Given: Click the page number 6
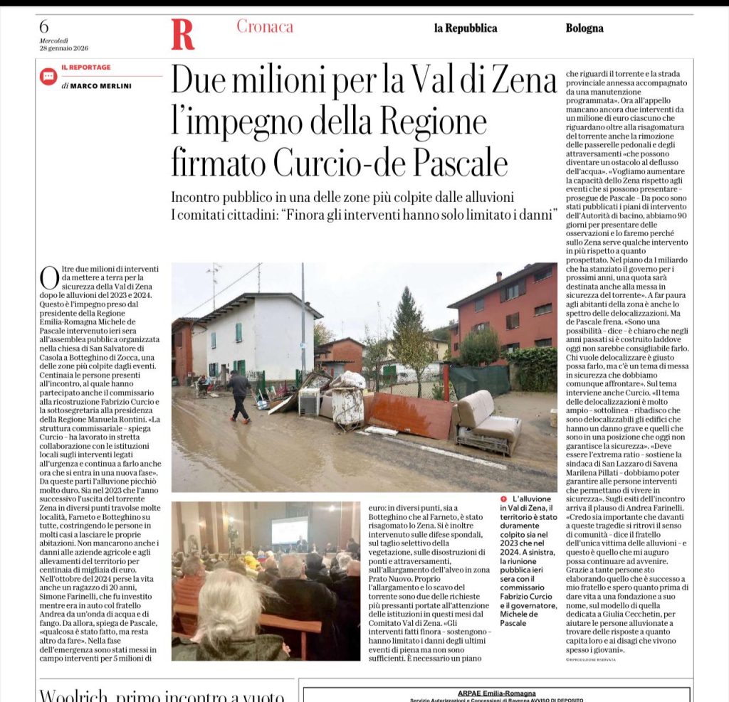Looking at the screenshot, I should point(44,27).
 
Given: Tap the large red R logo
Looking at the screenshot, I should point(182,34).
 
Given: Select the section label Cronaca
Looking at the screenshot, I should point(265,27).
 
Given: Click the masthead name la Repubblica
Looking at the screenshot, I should point(466,28).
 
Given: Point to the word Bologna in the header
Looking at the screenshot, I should point(584,28).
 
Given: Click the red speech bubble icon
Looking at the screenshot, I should point(48,76).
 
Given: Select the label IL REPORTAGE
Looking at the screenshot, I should point(85,68).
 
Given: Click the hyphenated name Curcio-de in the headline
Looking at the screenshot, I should point(341,163).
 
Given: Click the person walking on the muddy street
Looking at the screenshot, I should point(239,395).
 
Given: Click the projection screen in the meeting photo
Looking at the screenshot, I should point(289,530).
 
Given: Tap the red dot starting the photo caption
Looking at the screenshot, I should point(504,499).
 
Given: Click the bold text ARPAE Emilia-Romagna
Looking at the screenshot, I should point(495,693).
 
